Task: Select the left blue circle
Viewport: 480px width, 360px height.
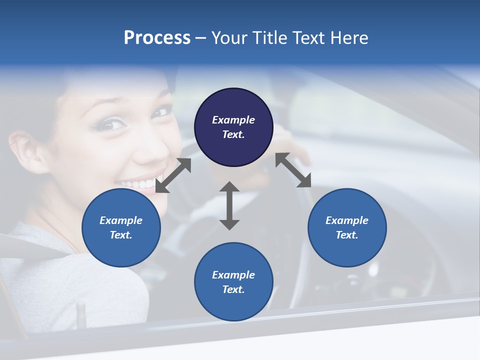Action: (x=121, y=227)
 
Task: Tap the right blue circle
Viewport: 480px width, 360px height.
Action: (x=347, y=227)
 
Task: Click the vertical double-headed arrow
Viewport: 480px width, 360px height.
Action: (x=229, y=205)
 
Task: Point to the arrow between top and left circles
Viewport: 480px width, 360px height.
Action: (x=173, y=175)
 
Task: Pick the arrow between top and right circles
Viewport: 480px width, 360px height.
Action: (x=293, y=170)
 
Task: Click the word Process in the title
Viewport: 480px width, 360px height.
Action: (x=157, y=37)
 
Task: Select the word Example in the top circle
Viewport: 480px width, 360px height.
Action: (x=233, y=120)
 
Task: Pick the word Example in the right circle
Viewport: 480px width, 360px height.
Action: (x=347, y=220)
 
